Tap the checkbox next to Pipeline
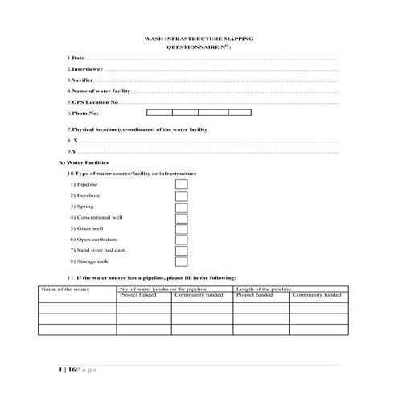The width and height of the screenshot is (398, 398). tap(182, 184)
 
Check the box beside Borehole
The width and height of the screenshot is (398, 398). tap(182, 195)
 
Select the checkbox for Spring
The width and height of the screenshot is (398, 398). tap(182, 207)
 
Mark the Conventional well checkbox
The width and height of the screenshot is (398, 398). tap(182, 217)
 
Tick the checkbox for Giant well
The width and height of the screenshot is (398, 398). tap(182, 228)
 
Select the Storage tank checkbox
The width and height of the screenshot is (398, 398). tap(182, 261)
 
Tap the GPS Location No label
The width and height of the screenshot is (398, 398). tap(94, 103)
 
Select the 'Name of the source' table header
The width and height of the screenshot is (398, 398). tap(62, 288)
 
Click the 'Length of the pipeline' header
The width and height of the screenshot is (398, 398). tap(264, 288)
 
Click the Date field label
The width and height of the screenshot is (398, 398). tap(77, 59)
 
